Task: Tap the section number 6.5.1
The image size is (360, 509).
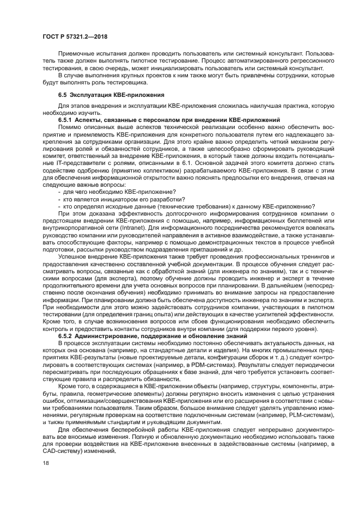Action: pos(65,119)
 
